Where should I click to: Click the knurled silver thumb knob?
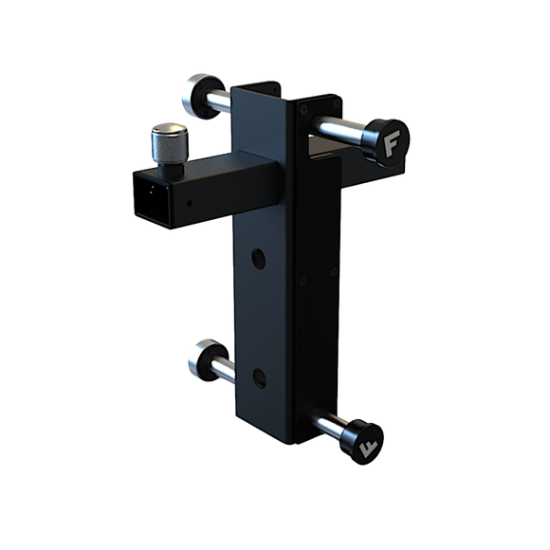click(170, 143)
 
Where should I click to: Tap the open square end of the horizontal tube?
click(153, 199)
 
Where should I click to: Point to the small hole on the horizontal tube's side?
click(189, 203)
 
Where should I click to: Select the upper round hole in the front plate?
click(258, 259)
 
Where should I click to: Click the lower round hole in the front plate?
click(259, 378)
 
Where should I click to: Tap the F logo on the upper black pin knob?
click(392, 143)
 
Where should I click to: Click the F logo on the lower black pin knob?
click(368, 449)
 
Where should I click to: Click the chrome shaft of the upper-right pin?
click(339, 130)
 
